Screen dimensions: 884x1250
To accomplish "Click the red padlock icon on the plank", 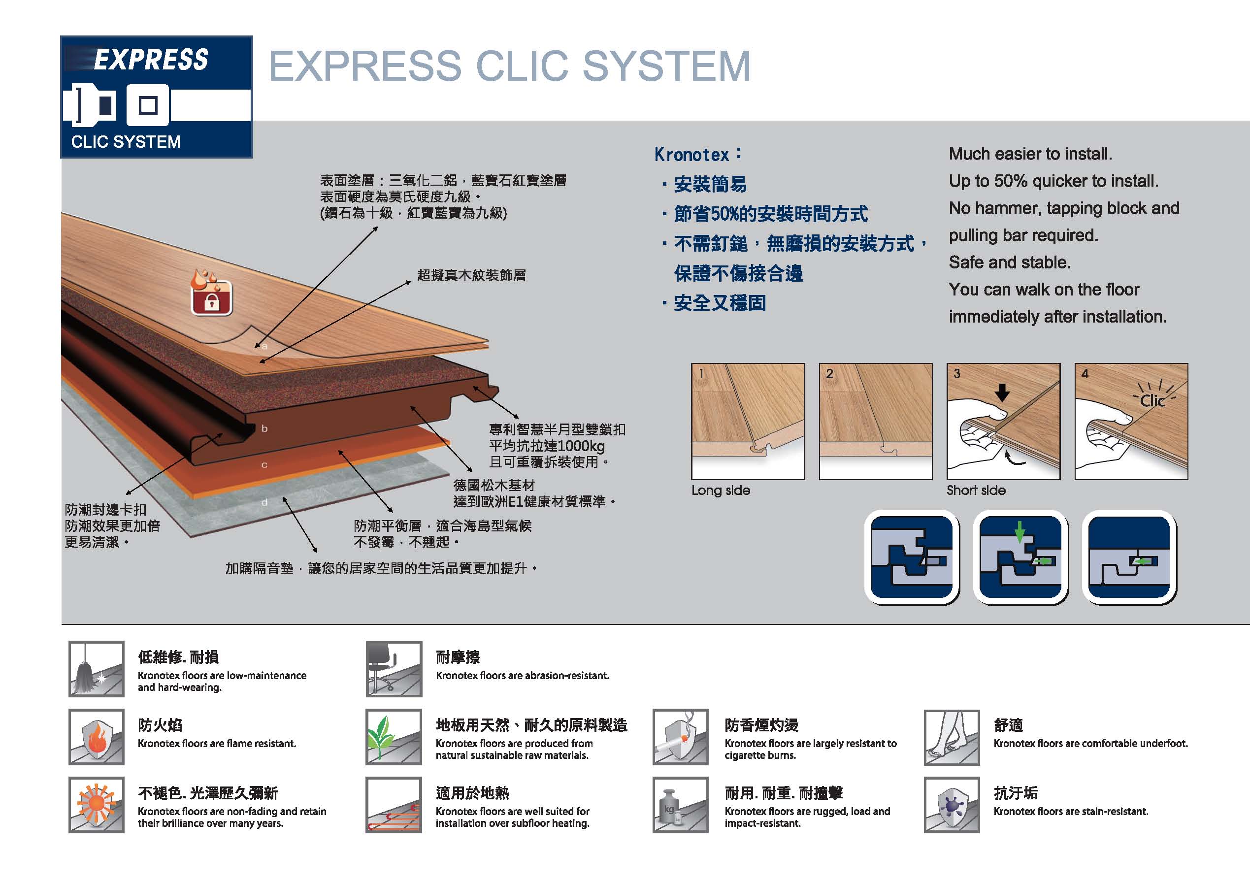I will coord(212,298).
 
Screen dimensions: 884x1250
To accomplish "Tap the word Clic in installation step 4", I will coord(1152,401).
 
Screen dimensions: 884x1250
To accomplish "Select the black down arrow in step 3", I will coord(1002,393).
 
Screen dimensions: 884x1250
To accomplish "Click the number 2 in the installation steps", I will coord(829,374).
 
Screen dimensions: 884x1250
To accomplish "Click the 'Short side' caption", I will coord(976,491).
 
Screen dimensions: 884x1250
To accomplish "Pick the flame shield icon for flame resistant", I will coord(97,737).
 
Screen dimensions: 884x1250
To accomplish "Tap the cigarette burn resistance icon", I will coord(680,737).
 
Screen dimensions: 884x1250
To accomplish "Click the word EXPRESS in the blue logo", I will coord(151,59).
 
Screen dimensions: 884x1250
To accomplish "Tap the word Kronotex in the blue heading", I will coord(691,155).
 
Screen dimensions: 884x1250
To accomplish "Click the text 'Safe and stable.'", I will coord(1009,262).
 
